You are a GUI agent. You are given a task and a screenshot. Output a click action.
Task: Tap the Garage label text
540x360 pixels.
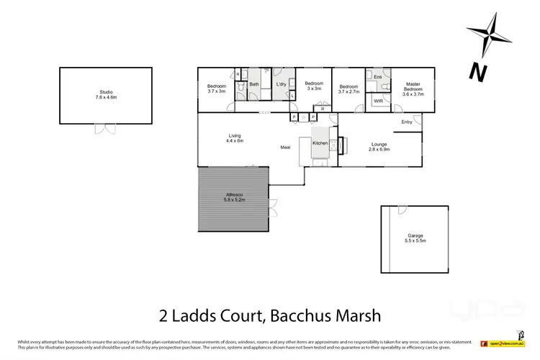pos(415,238)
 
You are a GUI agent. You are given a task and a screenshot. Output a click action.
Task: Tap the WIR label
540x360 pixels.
pos(378,102)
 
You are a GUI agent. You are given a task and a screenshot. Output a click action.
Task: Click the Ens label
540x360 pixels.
pos(377,76)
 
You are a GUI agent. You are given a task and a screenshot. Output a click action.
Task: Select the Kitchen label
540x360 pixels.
pos(320,143)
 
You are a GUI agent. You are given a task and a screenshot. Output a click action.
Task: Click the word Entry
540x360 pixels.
pos(408,122)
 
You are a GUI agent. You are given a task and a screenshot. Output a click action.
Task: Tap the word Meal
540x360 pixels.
pos(286,148)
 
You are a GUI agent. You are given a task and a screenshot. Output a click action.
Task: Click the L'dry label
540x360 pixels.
pos(282,85)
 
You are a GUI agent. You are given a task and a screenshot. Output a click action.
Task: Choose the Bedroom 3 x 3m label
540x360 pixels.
pos(313,86)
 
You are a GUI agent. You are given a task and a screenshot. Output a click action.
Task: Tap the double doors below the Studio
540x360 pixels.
pos(105,129)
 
